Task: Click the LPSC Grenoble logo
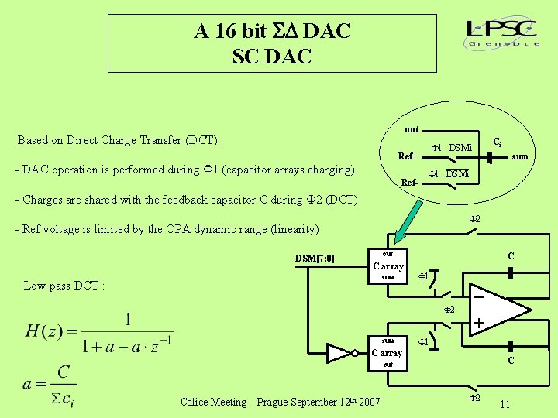[x=503, y=33]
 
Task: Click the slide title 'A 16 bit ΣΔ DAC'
[x=272, y=31]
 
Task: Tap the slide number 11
[x=505, y=404]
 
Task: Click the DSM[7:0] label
[x=315, y=258]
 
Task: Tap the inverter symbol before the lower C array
[x=341, y=353]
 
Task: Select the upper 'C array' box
[x=387, y=266]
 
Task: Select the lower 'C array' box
[x=387, y=352]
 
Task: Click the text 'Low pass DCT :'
[x=64, y=286]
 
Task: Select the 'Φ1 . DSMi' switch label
[x=451, y=147]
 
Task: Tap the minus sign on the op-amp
[x=479, y=296]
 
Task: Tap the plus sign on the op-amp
[x=480, y=323]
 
